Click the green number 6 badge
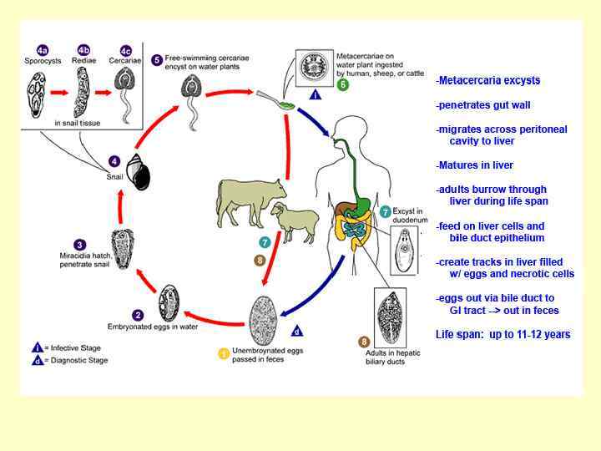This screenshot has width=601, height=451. pyautogui.click(x=342, y=84)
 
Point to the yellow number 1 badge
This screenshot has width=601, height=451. pyautogui.click(x=224, y=354)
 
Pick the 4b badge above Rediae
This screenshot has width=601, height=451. pyautogui.click(x=83, y=49)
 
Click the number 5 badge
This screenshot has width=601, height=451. pyautogui.click(x=156, y=60)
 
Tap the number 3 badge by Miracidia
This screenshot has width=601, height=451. pyautogui.click(x=80, y=244)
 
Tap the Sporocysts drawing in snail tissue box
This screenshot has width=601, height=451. pyautogui.click(x=38, y=94)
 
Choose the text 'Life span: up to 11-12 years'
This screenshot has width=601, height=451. pyautogui.click(x=503, y=334)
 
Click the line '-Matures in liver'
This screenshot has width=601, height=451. pyautogui.click(x=474, y=165)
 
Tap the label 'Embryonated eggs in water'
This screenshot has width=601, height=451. pyautogui.click(x=153, y=327)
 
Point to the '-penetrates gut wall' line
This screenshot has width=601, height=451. pyautogui.click(x=482, y=105)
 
